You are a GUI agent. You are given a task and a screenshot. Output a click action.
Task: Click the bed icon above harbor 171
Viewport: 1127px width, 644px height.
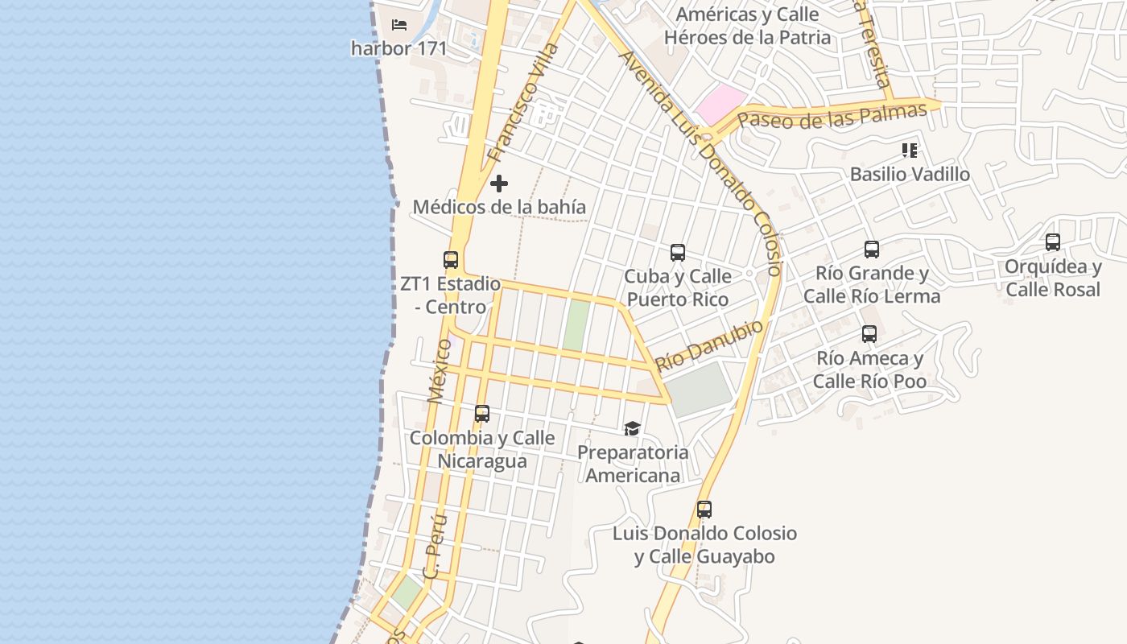(x=399, y=25)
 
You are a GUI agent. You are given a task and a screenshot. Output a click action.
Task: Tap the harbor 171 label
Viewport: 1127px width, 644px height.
(x=398, y=48)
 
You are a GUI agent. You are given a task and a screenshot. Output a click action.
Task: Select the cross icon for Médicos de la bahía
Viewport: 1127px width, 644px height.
(x=499, y=184)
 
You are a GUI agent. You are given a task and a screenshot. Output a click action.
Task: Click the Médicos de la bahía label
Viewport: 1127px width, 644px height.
(x=499, y=207)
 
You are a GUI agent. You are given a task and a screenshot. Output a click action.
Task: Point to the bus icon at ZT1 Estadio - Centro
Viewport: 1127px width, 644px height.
(x=451, y=260)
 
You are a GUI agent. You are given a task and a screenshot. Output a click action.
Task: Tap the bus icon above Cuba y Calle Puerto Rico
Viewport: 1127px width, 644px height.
(x=678, y=253)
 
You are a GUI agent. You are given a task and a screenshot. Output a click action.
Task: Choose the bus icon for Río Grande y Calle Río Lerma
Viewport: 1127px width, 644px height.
(x=872, y=250)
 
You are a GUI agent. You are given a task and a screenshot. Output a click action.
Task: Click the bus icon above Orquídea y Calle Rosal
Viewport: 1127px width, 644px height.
(x=1053, y=242)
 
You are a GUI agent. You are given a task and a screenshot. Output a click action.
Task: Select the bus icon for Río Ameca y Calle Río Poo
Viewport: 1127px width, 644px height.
(x=869, y=334)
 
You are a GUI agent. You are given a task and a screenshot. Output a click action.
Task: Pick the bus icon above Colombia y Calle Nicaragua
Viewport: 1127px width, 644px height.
(x=482, y=414)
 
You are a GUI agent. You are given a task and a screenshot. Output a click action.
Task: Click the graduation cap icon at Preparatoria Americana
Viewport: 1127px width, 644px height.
(x=633, y=428)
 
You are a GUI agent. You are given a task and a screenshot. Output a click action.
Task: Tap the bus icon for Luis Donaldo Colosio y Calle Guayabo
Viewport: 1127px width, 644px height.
(x=704, y=510)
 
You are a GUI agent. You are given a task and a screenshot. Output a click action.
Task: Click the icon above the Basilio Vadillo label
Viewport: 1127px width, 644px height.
(x=910, y=151)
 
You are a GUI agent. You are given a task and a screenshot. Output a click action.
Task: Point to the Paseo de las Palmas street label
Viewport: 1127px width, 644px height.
(x=832, y=116)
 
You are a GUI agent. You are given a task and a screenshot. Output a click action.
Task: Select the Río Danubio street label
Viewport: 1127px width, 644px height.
(x=708, y=345)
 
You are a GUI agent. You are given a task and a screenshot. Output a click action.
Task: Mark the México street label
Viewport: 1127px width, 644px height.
(x=440, y=370)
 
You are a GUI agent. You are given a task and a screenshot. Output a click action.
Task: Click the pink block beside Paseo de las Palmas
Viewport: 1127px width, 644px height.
(x=720, y=105)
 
